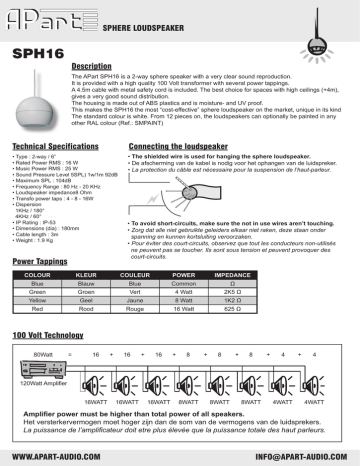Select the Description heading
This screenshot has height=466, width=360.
[x=97, y=67]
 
